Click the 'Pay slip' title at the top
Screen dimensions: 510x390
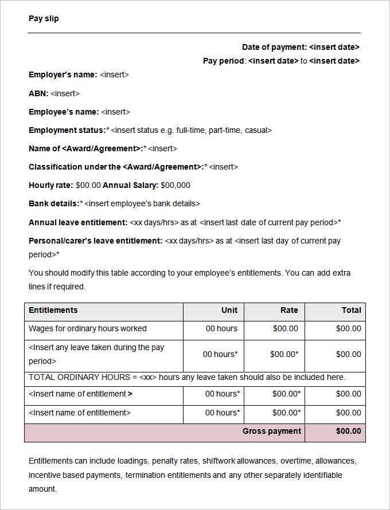pyautogui.click(x=44, y=18)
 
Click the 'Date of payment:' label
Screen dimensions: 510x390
pyautogui.click(x=274, y=47)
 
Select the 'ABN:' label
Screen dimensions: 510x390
pyautogui.click(x=38, y=93)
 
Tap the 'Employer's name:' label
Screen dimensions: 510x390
pyautogui.click(x=63, y=74)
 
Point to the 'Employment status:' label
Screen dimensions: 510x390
pyautogui.click(x=67, y=130)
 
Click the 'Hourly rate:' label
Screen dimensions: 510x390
pyautogui.click(x=50, y=185)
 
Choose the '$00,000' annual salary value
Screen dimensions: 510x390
pyautogui.click(x=175, y=185)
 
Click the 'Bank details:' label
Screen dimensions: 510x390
pyautogui.click(x=54, y=203)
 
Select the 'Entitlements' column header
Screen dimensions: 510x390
pyautogui.click(x=53, y=310)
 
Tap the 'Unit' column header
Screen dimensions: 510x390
pyautogui.click(x=229, y=310)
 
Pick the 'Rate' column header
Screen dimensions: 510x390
pyautogui.click(x=289, y=310)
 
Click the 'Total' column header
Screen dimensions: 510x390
pyautogui.click(x=351, y=310)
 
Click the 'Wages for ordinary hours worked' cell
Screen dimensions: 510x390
pyautogui.click(x=88, y=328)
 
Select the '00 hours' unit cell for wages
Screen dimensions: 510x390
pyautogui.click(x=221, y=328)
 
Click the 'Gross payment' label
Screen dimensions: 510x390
pyautogui.click(x=272, y=431)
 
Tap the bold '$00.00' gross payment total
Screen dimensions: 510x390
pyautogui.click(x=348, y=431)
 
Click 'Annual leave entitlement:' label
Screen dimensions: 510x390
pyautogui.click(x=78, y=222)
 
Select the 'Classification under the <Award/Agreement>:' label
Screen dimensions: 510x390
pyautogui.click(x=115, y=167)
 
